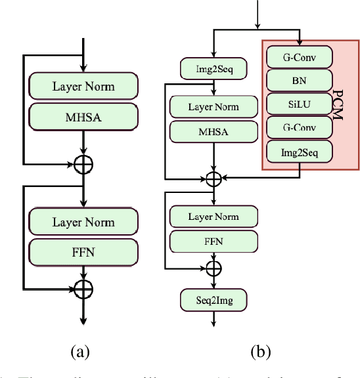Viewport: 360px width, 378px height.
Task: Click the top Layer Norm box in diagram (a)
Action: (83, 86)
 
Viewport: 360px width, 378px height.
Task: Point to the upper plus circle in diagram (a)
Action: (83, 164)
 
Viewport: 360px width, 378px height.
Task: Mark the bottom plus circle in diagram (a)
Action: (83, 287)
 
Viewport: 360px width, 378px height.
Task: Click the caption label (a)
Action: (80, 352)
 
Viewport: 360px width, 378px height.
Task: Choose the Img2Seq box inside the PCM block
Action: (298, 152)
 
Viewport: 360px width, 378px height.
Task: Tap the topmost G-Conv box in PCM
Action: (298, 57)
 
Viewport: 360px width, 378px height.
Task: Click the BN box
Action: (298, 81)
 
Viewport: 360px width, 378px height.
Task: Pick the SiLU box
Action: (298, 104)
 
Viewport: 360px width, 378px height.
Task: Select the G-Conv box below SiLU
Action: (298, 128)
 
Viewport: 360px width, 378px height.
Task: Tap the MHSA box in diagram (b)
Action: (214, 131)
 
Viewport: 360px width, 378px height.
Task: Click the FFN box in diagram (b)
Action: (214, 241)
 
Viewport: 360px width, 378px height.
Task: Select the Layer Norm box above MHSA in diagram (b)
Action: (214, 107)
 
